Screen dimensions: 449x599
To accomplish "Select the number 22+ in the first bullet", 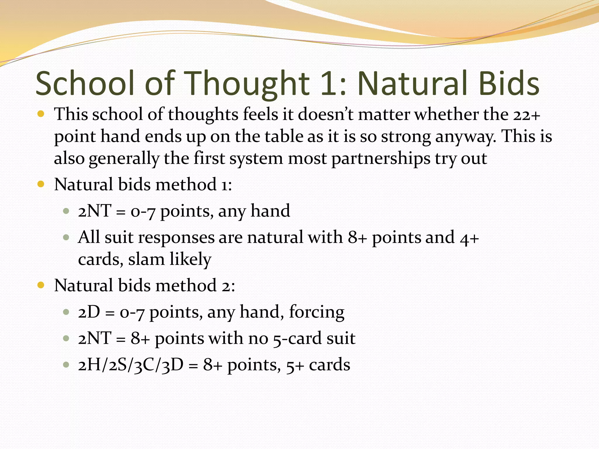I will pyautogui.click(x=526, y=114).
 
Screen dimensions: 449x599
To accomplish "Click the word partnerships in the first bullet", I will pyautogui.click(x=381, y=159).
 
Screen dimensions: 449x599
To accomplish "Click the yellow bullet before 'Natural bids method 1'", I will pyautogui.click(x=41, y=184).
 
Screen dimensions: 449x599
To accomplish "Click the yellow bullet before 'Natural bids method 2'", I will pyautogui.click(x=41, y=285).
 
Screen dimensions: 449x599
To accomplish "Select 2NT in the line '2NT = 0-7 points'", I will pyautogui.click(x=94, y=211).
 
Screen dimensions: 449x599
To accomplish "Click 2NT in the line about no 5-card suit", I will pyautogui.click(x=94, y=339).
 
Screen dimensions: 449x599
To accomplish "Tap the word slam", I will pyautogui.click(x=146, y=259).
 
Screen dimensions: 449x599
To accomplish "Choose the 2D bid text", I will pyautogui.click(x=89, y=312).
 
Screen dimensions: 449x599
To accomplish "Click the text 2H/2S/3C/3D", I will pyautogui.click(x=131, y=365).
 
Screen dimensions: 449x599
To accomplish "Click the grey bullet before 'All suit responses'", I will pyautogui.click(x=66, y=237).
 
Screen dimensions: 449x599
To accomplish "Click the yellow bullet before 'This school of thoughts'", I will pyautogui.click(x=41, y=114).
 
